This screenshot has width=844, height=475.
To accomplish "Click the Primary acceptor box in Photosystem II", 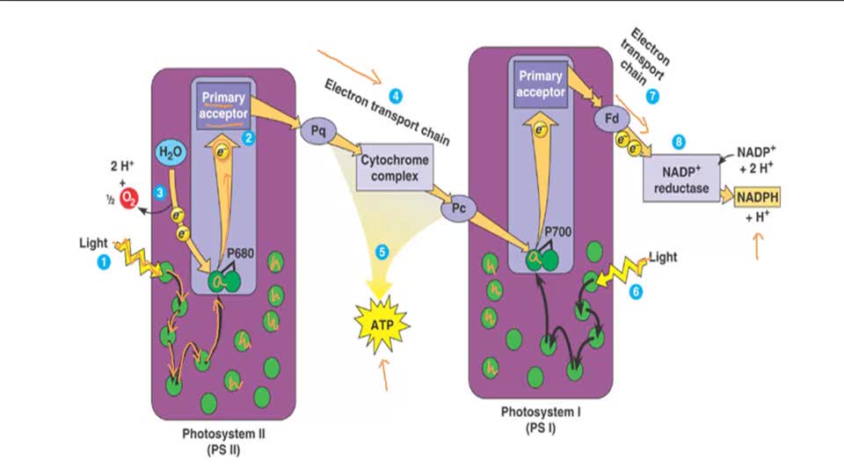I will pos(223,106).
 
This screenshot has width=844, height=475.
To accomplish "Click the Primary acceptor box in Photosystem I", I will pos(540,84).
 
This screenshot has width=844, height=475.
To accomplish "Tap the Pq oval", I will pos(317,132).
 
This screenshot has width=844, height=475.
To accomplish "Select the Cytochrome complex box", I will pos(395,170).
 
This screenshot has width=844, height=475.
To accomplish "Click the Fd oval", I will pos(612,117).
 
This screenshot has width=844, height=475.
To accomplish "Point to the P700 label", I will pos(557,231).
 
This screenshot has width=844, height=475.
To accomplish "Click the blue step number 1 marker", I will pos(105,261).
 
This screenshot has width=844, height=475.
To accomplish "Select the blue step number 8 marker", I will pos(677,141).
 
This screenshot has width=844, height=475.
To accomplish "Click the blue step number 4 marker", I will pos(397,95).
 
